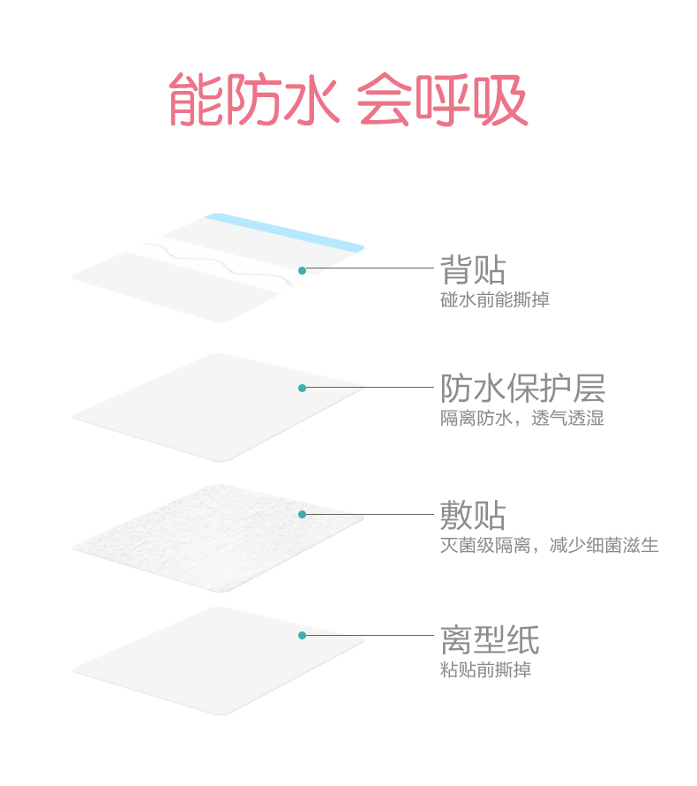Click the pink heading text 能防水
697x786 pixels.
(x=253, y=100)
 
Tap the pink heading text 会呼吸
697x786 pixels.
(x=441, y=100)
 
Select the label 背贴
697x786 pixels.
(x=473, y=270)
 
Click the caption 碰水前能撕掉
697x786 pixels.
(x=494, y=300)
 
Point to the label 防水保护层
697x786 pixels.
(x=522, y=389)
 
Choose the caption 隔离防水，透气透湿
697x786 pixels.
(x=522, y=419)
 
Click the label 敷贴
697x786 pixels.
(x=473, y=515)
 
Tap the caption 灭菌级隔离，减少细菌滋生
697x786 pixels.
(x=549, y=545)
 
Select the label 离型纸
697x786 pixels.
(x=490, y=640)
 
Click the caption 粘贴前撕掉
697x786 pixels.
(x=485, y=670)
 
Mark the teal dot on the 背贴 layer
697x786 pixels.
(x=302, y=270)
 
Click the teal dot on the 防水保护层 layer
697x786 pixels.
(x=302, y=388)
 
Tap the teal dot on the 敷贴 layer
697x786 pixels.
(x=302, y=514)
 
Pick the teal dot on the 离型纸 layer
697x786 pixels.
(x=302, y=635)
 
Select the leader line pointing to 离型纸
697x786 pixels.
(x=371, y=635)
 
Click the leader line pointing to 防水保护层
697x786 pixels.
(x=371, y=388)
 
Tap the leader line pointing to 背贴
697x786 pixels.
(x=371, y=269)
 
